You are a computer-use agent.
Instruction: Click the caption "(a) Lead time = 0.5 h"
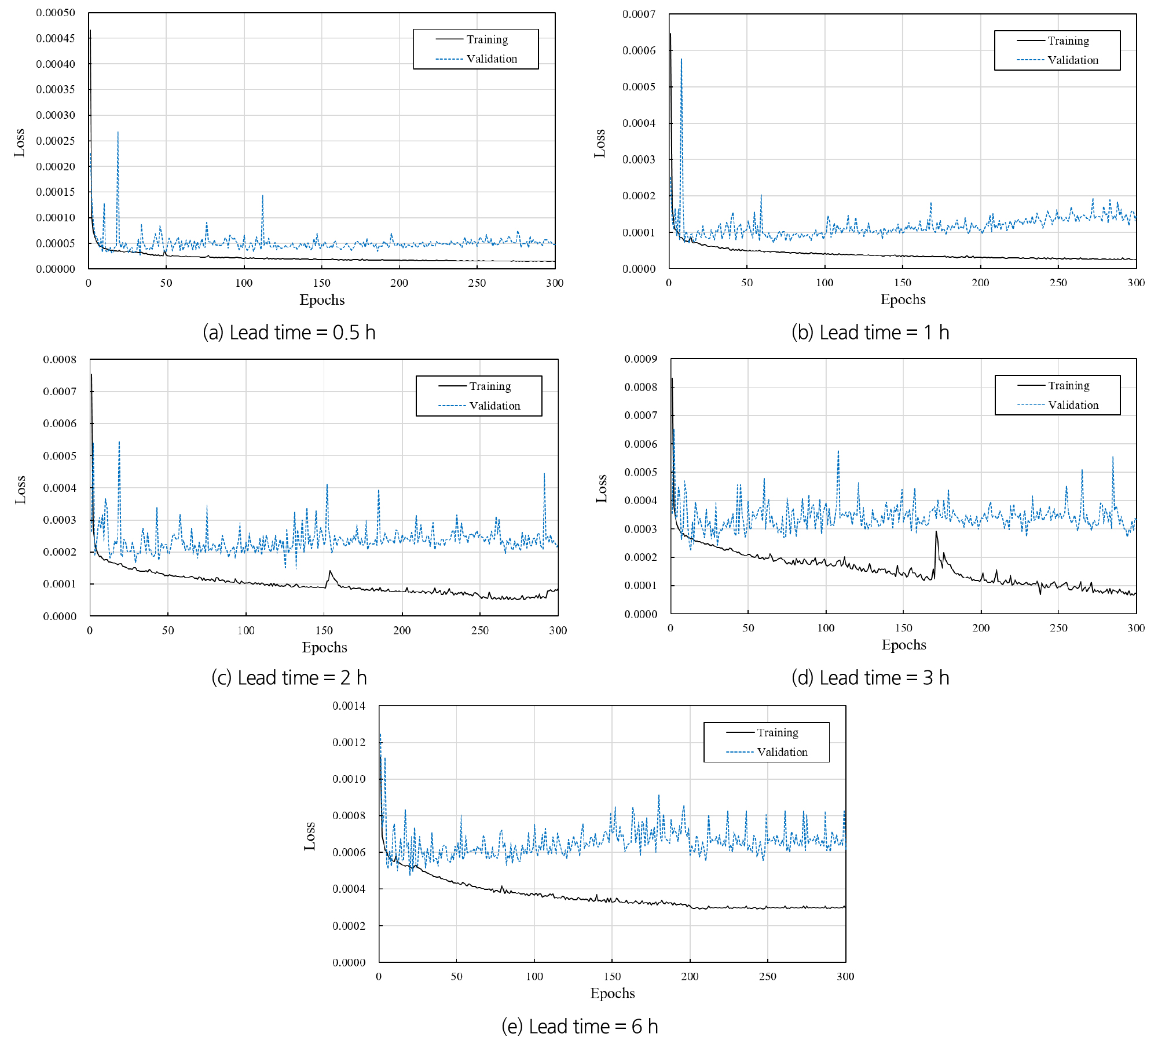[x=289, y=333]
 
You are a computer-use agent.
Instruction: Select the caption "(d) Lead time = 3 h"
[x=870, y=678]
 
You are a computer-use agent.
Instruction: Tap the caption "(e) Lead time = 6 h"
[x=580, y=1027]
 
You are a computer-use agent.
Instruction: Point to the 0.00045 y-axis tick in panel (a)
[x=56, y=38]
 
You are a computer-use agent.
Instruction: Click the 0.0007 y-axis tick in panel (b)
[x=639, y=14]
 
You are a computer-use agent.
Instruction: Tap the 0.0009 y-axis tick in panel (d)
[x=640, y=359]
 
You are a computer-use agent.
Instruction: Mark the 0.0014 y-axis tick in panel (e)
[x=349, y=706]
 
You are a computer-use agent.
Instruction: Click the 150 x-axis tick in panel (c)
[x=324, y=630]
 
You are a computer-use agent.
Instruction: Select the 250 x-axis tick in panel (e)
[x=768, y=976]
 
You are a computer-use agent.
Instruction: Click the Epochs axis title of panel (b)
[x=903, y=300]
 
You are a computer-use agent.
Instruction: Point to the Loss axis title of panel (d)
[x=602, y=488]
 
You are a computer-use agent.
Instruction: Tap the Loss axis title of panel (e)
[x=310, y=836]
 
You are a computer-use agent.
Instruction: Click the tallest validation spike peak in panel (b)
[x=681, y=59]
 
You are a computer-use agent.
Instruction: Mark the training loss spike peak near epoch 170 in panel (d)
[x=936, y=531]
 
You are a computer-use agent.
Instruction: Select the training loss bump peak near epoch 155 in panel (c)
[x=330, y=571]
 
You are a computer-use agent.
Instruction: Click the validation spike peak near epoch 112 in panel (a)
[x=262, y=195]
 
